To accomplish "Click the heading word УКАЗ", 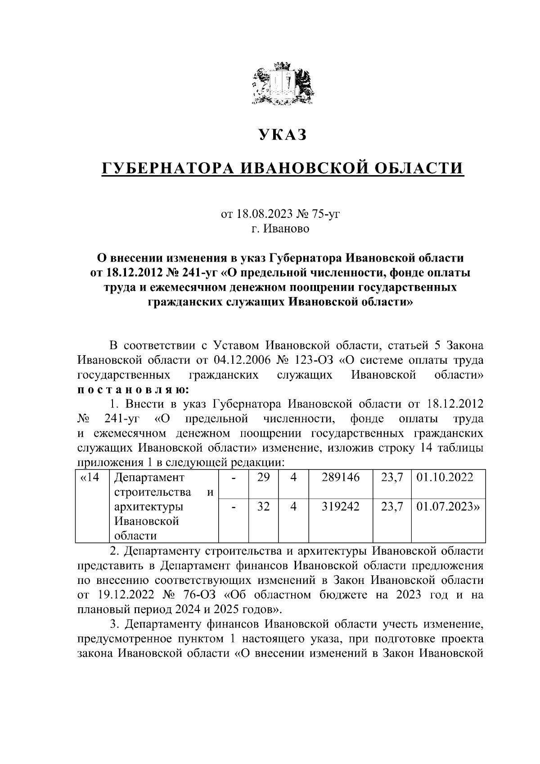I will (x=282, y=134).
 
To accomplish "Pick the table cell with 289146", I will (x=341, y=478).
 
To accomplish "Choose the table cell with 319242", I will (x=341, y=506).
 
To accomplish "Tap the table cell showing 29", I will (x=263, y=478).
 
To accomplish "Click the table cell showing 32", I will (x=263, y=506).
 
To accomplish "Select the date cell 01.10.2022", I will (x=445, y=478).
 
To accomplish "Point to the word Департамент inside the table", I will (x=150, y=478).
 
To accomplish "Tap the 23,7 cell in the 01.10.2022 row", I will (x=391, y=478).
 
